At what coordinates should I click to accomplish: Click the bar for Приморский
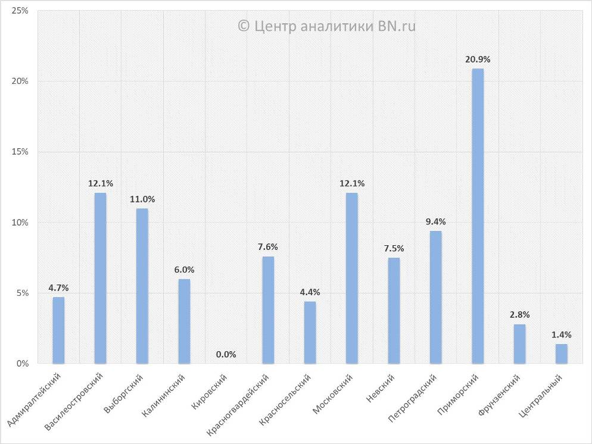[478, 215]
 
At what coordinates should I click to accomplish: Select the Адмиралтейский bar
[58, 330]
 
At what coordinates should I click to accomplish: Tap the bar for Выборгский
[142, 286]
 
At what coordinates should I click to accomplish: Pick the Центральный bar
[562, 354]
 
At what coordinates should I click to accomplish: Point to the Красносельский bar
[310, 332]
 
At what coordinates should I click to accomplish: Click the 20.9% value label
[478, 60]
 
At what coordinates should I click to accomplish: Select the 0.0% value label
[226, 355]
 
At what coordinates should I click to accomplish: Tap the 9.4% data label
[436, 222]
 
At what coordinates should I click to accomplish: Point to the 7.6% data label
[268, 248]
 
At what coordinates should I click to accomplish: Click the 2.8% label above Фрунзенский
[520, 315]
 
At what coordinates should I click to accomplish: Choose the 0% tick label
[23, 364]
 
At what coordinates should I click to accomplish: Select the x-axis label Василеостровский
[76, 401]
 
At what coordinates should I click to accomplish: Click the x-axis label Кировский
[211, 389]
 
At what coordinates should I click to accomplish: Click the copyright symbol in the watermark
[243, 26]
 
